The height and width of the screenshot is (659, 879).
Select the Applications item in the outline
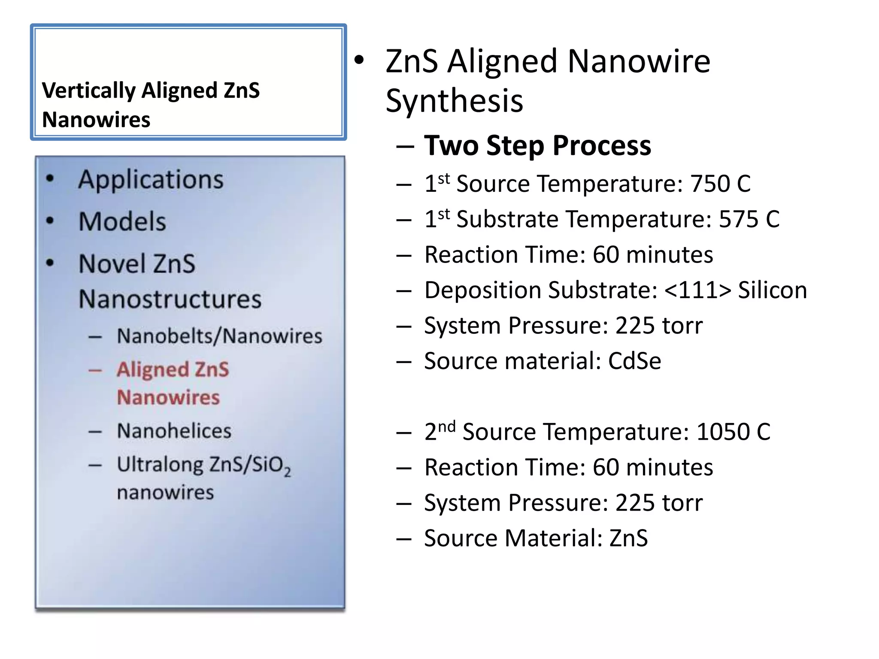coord(151,179)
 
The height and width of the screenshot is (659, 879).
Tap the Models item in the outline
coord(122,221)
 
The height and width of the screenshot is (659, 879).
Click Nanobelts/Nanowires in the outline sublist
coord(219,336)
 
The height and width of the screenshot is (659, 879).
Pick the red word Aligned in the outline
coord(152,369)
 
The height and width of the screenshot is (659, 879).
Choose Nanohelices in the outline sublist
coord(174,431)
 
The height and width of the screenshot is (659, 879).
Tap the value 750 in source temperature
coord(710,184)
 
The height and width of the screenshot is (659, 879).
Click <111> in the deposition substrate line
coord(697,290)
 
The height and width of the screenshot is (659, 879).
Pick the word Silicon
coord(772,290)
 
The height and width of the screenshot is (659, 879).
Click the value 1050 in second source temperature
coord(723,432)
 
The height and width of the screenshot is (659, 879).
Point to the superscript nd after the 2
coord(447,427)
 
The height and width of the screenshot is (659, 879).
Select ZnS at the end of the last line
coord(628,538)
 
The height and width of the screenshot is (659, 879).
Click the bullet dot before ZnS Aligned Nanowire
coord(359,60)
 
